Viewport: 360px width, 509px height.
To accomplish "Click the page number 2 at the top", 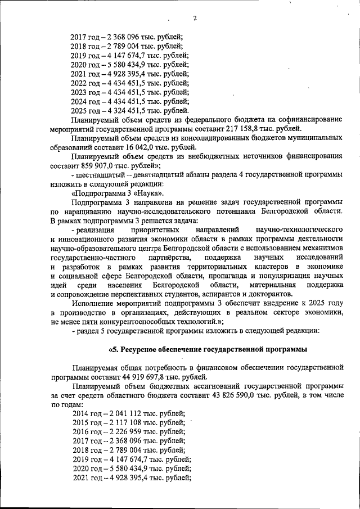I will click(x=194, y=19).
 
